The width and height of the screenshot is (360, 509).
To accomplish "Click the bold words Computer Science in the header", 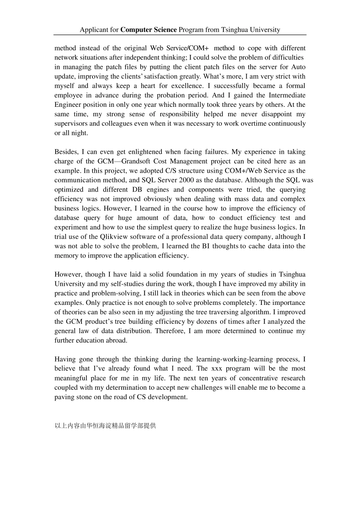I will point(149,30).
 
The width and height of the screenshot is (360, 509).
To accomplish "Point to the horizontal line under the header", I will point(180,35).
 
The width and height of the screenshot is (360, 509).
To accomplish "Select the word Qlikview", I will point(114,237).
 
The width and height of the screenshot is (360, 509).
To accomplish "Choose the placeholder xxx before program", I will point(217,368).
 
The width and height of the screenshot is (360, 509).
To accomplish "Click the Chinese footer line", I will point(105,426).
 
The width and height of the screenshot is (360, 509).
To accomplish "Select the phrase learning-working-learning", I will point(229,359).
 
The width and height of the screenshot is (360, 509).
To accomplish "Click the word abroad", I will point(116,340).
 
